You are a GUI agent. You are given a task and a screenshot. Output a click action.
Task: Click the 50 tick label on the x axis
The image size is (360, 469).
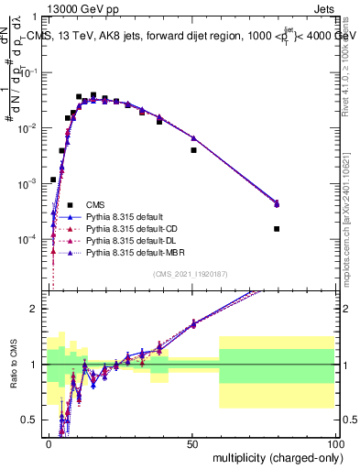tap(191, 443)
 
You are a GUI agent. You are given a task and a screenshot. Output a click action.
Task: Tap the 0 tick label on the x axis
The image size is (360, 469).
tap(49, 443)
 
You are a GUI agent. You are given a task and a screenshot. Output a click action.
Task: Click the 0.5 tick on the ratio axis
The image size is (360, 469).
tap(35, 420)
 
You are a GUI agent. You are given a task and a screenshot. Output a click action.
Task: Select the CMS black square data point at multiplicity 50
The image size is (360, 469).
tap(193, 150)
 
